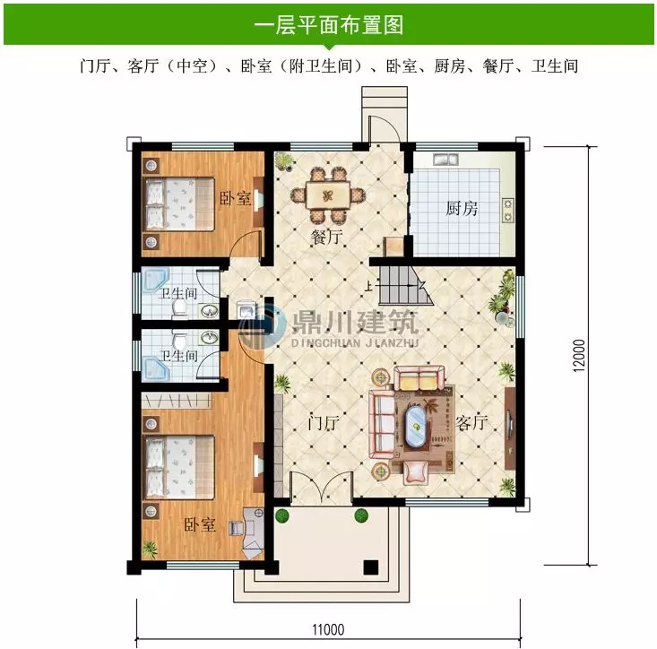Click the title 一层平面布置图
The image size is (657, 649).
coord(328,24)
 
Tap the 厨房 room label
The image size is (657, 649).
coord(462,209)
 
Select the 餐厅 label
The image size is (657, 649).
coord(327,238)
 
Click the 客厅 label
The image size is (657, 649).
coord(471,422)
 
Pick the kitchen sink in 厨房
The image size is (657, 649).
coord(445,160)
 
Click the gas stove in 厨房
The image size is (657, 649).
coord(508,210)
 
